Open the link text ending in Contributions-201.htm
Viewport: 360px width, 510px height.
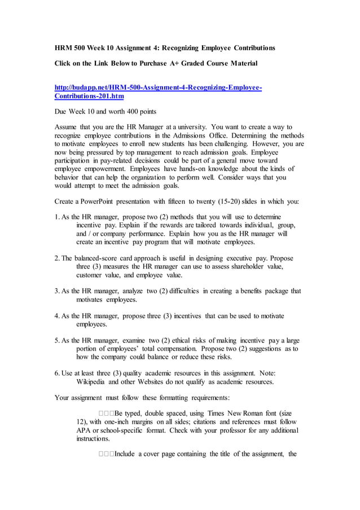point(89,96)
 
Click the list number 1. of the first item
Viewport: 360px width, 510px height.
point(58,217)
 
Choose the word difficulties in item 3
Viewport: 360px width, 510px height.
point(181,291)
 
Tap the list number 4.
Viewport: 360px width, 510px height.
point(58,316)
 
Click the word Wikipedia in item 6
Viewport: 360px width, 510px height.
point(94,381)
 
